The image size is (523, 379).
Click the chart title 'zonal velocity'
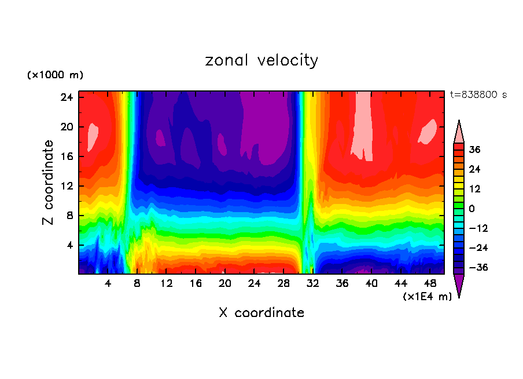click(261, 60)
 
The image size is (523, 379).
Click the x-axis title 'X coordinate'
click(261, 313)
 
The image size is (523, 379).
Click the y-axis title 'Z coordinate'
click(49, 183)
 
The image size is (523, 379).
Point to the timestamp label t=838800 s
click(478, 94)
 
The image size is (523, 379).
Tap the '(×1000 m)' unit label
click(55, 75)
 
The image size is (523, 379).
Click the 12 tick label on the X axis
click(167, 283)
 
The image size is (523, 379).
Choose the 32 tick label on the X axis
click(313, 283)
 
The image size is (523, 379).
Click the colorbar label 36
click(474, 150)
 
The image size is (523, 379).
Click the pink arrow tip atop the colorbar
click(459, 132)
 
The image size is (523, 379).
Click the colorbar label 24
click(474, 169)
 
